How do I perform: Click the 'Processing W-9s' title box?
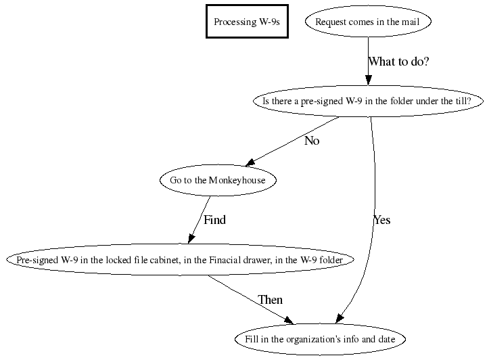[x=247, y=22]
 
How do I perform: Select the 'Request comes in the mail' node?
[x=367, y=22]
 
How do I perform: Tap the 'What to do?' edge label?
[x=398, y=62]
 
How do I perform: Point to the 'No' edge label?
[x=312, y=141]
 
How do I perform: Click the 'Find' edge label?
[x=214, y=220]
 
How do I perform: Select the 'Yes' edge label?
[x=381, y=220]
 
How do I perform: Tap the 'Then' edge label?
[x=270, y=300]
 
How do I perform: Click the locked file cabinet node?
[x=180, y=261]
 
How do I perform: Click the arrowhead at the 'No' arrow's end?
[x=250, y=162]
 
